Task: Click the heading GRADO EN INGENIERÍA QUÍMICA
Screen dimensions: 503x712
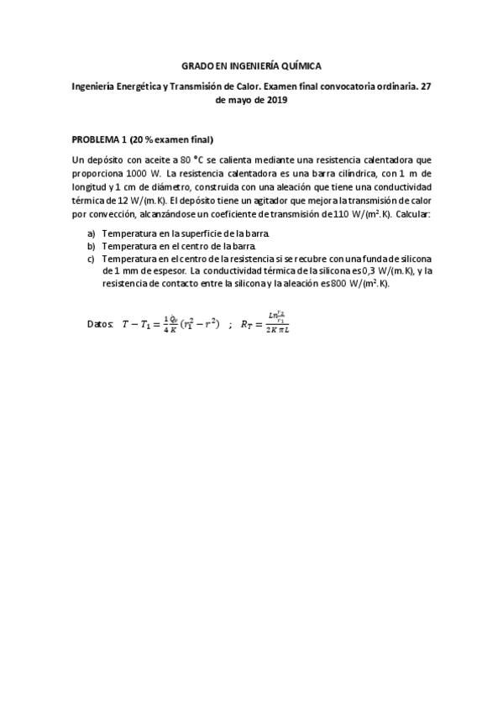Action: [x=252, y=65]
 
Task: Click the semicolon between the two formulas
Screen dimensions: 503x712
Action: [x=229, y=322]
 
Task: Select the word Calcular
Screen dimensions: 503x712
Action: [x=409, y=216]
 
